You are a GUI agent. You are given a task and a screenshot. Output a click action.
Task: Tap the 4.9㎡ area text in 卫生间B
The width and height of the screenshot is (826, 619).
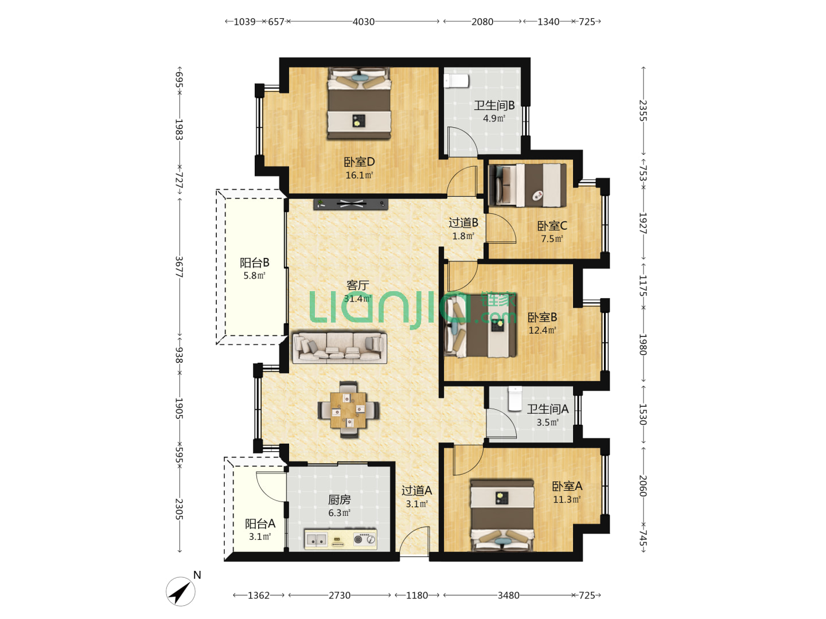tap(493, 119)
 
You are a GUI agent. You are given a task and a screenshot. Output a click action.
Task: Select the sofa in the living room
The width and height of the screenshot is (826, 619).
tap(340, 347)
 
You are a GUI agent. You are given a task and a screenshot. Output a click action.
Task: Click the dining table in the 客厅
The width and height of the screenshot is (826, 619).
tap(348, 410)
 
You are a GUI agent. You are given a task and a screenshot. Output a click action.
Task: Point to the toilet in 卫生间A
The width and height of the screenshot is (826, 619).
tap(515, 399)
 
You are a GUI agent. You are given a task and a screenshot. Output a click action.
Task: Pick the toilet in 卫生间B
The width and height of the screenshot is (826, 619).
tap(456, 81)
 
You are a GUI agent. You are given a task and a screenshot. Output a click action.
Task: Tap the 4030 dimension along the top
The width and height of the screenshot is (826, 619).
tap(363, 22)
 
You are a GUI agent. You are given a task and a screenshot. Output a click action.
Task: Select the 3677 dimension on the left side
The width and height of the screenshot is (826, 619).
tap(179, 267)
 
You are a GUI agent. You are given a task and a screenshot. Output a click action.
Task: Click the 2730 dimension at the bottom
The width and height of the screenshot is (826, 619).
tap(339, 596)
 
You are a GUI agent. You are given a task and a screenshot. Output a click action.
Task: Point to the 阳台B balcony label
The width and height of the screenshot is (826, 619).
tap(254, 263)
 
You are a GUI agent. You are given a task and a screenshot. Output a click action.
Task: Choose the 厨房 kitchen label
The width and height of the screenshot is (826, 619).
tap(339, 500)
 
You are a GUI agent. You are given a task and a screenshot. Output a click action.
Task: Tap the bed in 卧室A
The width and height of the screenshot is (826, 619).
tap(502, 515)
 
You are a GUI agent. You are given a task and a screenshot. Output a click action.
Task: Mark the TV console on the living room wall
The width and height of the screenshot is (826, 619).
tap(350, 204)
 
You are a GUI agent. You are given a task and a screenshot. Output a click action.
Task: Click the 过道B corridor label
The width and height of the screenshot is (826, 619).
tap(463, 223)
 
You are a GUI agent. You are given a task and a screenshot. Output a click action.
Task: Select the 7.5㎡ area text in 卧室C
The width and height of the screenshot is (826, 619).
tap(552, 238)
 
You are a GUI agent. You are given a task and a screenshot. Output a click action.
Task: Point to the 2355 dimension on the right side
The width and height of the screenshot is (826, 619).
tap(643, 111)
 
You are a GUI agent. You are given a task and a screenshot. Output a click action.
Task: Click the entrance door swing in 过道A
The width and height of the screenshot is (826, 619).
tap(414, 541)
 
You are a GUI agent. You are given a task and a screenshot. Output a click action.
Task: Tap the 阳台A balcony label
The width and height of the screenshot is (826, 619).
tap(260, 523)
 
